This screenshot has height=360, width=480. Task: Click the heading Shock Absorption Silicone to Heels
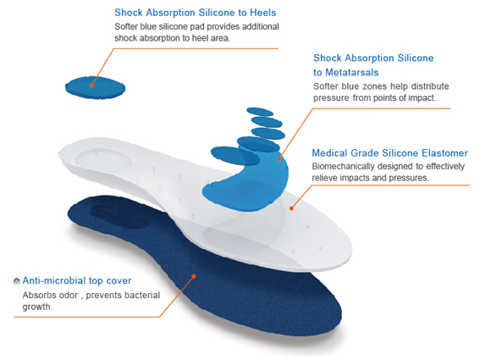[195, 13]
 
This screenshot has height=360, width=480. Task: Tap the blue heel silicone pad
[95, 87]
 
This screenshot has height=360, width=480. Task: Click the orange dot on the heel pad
[91, 86]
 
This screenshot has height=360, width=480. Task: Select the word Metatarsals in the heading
[351, 72]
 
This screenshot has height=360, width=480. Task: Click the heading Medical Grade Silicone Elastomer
[389, 152]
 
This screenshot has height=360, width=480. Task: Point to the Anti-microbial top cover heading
[76, 280]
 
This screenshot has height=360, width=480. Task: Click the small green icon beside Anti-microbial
[17, 281]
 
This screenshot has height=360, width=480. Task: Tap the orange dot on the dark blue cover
[194, 276]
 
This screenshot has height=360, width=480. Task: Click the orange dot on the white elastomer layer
[292, 208]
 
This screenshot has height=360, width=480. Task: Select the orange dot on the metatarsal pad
[279, 158]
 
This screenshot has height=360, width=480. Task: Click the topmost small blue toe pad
[260, 112]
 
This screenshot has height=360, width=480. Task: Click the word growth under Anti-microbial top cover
[36, 307]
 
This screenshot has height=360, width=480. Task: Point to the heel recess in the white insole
[103, 160]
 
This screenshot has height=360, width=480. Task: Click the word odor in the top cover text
[69, 296]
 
